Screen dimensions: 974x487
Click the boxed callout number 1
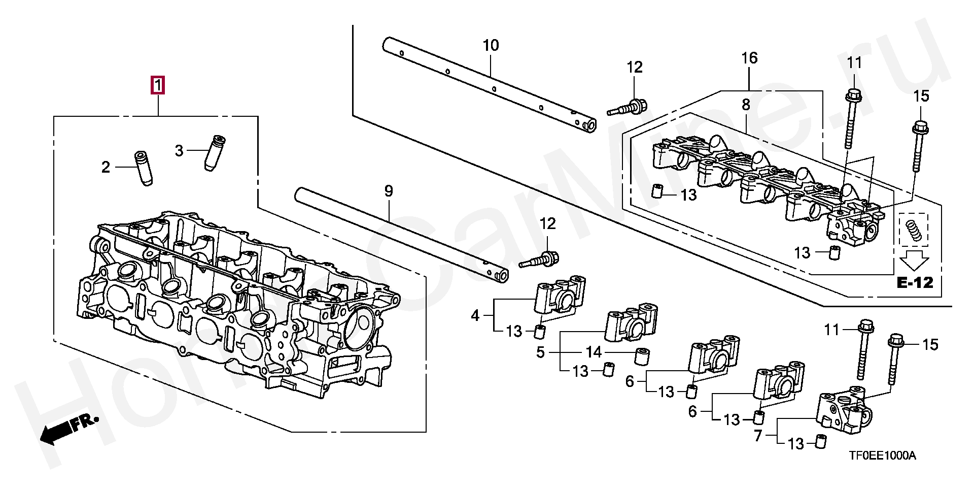(158, 85)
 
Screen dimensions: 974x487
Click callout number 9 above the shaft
(389, 191)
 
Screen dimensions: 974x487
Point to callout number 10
(491, 45)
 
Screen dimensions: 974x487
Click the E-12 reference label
(915, 282)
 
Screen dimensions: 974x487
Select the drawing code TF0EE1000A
(883, 456)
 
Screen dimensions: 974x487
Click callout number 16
(749, 58)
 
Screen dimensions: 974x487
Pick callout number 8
(746, 105)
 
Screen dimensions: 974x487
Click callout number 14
(594, 352)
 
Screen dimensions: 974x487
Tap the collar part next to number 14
(643, 356)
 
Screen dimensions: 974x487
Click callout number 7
(758, 436)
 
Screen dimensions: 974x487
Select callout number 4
(475, 316)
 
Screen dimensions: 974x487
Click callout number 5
(540, 352)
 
